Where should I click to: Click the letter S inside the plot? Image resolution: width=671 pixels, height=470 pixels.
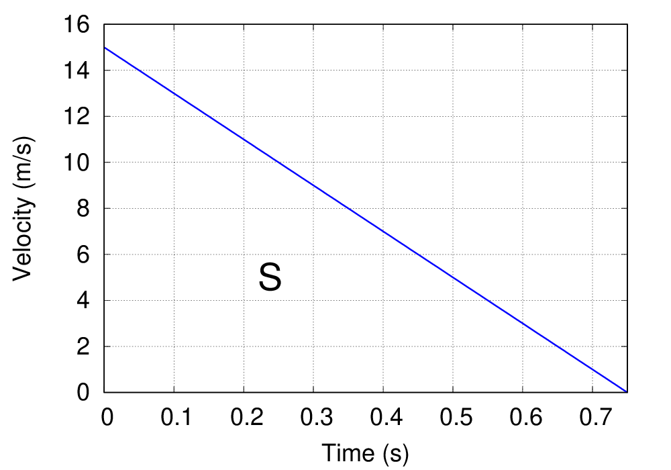(270, 277)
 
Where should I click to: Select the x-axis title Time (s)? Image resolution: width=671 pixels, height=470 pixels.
(365, 453)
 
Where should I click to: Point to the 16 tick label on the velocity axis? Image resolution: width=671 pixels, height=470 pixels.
(78, 25)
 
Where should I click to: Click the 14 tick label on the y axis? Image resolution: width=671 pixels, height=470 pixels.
(78, 70)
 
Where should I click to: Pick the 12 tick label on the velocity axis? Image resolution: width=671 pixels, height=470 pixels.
(78, 117)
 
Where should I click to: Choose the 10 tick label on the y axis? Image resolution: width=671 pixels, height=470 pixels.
(78, 162)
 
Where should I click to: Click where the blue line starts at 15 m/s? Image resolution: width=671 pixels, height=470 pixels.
(105, 48)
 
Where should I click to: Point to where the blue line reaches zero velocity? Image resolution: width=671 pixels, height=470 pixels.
(627, 392)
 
